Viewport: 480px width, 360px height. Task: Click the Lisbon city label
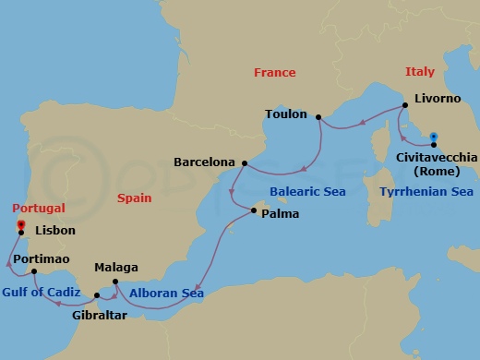coord(54,232)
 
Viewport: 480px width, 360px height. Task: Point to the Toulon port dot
coord(318,116)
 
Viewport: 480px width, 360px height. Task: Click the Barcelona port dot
coord(244,163)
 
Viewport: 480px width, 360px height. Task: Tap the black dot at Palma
coord(254,212)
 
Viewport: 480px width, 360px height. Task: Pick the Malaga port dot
coord(114,282)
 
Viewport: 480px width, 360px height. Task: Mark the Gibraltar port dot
coord(97,295)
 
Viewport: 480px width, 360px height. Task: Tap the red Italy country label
coord(419,71)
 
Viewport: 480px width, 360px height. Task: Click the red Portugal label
coord(35,209)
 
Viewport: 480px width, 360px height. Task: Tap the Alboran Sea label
coord(166,293)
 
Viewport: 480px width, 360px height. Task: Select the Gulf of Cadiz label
coord(41,293)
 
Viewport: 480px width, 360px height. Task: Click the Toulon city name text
coord(285,114)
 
